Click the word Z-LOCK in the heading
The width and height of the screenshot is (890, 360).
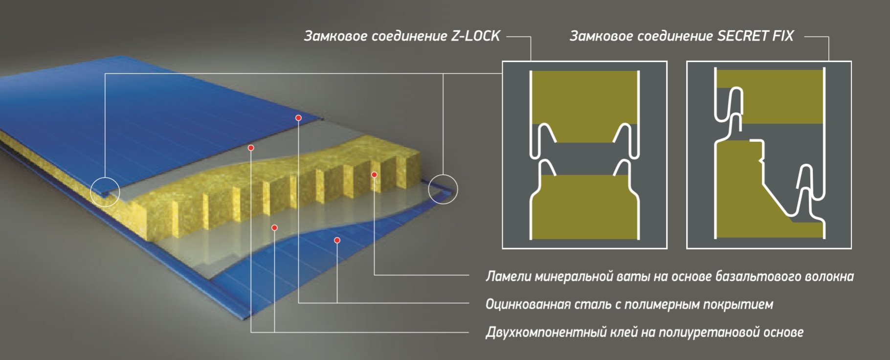pos(475,36)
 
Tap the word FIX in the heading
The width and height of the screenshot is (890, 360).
pos(782,36)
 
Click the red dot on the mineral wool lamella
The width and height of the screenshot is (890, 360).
pos(374,175)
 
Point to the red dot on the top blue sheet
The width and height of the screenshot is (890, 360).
pos(298,118)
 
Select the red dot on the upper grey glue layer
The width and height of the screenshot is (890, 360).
pos(251,148)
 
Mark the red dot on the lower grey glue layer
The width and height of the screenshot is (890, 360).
pos(274,228)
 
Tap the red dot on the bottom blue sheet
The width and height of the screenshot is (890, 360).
pos(337,240)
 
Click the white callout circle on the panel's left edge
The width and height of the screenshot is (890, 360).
pos(105,191)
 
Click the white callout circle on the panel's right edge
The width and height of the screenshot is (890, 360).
pos(443,189)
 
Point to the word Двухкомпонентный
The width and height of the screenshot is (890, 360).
pos(545,333)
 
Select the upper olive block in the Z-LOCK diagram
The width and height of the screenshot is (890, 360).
pos(584,98)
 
